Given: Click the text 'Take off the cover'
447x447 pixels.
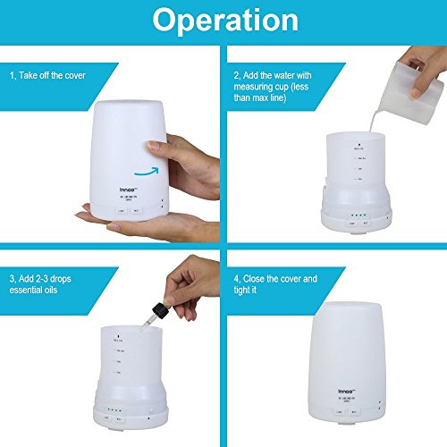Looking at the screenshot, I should (59, 75).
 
